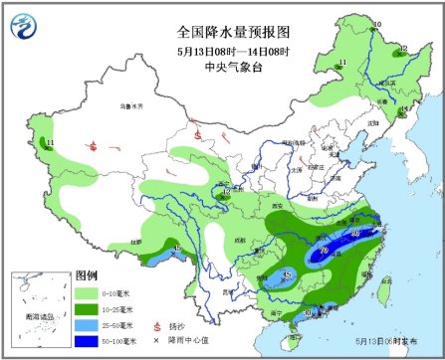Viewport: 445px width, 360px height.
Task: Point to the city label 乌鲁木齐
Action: (x=119, y=105)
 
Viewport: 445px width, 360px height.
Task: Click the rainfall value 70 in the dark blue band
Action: (x=325, y=253)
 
